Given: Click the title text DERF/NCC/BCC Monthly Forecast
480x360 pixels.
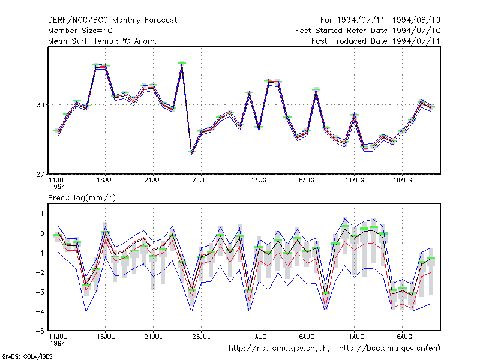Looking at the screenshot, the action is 112,20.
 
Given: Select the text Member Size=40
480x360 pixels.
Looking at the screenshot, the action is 80,31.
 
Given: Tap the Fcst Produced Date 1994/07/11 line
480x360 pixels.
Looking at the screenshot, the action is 376,41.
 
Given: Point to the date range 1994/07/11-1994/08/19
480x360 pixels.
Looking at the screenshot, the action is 389,20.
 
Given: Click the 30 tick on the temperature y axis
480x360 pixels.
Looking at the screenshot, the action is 40,105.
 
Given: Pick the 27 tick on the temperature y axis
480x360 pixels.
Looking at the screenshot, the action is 40,175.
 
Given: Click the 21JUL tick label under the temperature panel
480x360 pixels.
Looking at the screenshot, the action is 153,181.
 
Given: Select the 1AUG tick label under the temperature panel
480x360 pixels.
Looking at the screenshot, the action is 259,181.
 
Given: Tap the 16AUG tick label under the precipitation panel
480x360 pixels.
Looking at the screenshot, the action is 403,337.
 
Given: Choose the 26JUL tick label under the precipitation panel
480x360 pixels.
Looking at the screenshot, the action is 201,337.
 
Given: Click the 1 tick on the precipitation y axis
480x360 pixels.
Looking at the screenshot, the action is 42,214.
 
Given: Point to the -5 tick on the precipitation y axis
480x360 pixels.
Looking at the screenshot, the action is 40,331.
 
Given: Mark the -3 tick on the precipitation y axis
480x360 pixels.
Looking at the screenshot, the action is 40,292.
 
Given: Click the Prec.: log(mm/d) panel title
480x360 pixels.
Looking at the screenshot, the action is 82,198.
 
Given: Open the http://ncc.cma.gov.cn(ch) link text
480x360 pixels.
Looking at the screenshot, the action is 279,349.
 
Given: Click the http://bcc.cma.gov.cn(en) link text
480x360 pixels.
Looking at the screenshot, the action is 389,349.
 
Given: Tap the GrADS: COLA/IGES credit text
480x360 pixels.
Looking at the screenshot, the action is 27,356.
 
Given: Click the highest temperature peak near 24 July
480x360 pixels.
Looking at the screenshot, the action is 182,63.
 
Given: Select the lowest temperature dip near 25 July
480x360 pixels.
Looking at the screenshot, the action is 191,152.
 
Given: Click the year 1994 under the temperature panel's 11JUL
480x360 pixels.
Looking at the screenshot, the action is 58,187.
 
